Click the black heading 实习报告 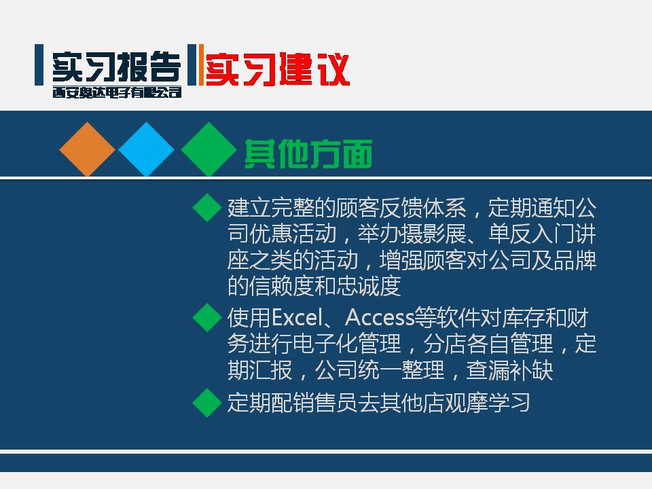(x=117, y=67)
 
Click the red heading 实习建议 (x=277, y=69)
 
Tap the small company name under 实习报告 (x=117, y=92)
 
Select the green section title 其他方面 (x=308, y=154)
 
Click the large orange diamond (x=88, y=149)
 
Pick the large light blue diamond (x=147, y=149)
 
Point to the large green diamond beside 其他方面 (x=209, y=149)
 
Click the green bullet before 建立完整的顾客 (x=207, y=208)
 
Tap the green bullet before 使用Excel (x=207, y=317)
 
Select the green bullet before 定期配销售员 (x=207, y=403)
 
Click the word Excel (x=297, y=318)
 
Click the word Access (x=380, y=318)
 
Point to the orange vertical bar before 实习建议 (x=201, y=65)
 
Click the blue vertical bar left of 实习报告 (x=39, y=65)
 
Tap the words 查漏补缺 (x=509, y=370)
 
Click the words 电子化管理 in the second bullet (x=347, y=344)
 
